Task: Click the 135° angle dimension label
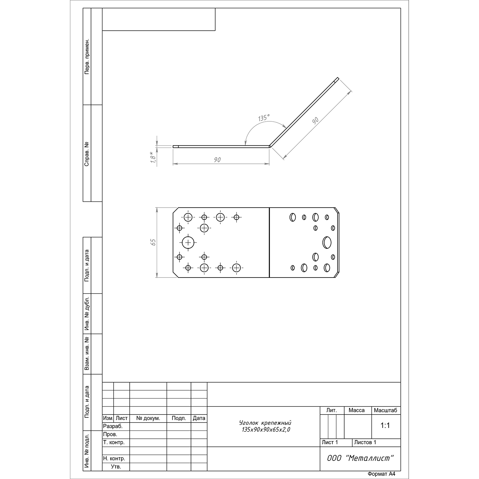pyautogui.click(x=264, y=118)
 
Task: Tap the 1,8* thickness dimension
pyautogui.click(x=153, y=158)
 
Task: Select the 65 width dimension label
pyautogui.click(x=153, y=242)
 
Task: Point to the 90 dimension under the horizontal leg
pyautogui.click(x=217, y=160)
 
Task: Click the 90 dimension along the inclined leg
pyautogui.click(x=315, y=121)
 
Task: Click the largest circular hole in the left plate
pyautogui.click(x=188, y=243)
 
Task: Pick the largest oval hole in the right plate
pyautogui.click(x=327, y=242)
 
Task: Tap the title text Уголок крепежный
pyautogui.click(x=265, y=423)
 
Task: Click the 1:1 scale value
pyautogui.click(x=385, y=425)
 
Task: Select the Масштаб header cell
pyautogui.click(x=385, y=410)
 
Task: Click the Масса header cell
pyautogui.click(x=357, y=410)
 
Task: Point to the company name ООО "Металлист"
pyautogui.click(x=360, y=458)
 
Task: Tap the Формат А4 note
pyautogui.click(x=381, y=474)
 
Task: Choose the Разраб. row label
pyautogui.click(x=113, y=426)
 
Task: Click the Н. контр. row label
pyautogui.click(x=114, y=459)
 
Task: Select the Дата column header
pyautogui.click(x=199, y=418)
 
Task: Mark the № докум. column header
pyautogui.click(x=148, y=418)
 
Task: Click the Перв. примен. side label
pyautogui.click(x=87, y=57)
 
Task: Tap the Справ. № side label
pyautogui.click(x=87, y=154)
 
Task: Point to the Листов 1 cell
pyautogui.click(x=365, y=442)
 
